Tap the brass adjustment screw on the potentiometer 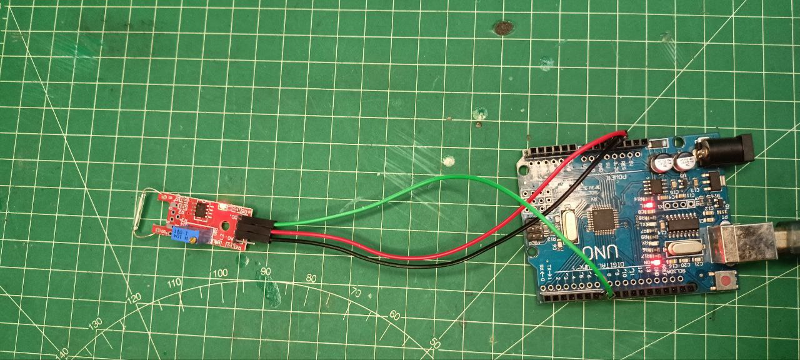pyautogui.click(x=194, y=238)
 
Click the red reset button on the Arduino pyautogui.click(x=726, y=281)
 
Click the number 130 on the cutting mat pyautogui.click(x=96, y=323)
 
